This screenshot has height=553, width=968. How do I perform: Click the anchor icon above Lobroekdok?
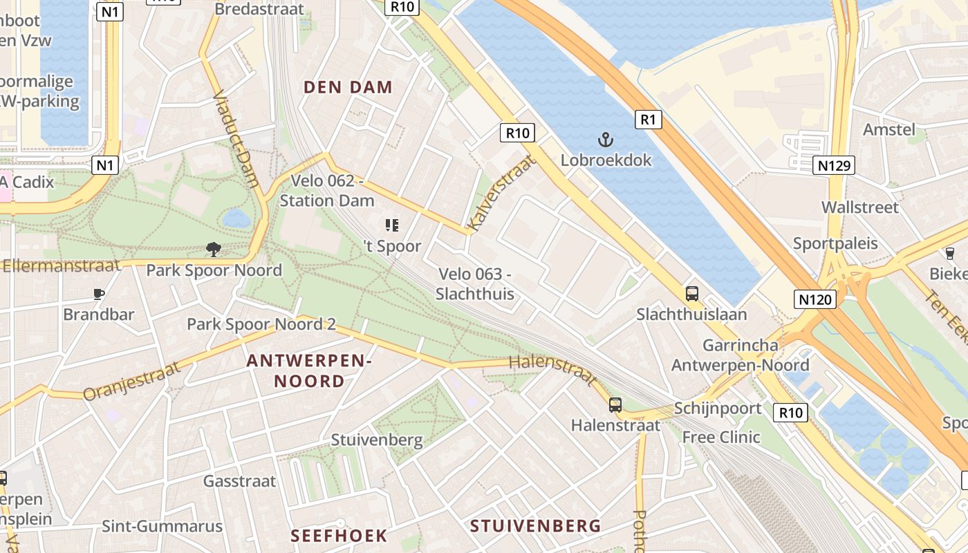[x=606, y=140]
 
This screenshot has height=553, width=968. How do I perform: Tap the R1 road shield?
[x=648, y=120]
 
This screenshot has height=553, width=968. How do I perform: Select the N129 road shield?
[x=834, y=165]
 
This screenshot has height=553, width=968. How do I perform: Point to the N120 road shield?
[x=815, y=299]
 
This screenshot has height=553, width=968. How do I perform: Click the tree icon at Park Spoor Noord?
[x=214, y=250]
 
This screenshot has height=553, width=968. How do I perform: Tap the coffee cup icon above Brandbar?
[x=99, y=294]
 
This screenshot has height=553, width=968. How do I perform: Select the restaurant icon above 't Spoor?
[x=392, y=225]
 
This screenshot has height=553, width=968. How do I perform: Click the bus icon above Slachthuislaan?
[x=692, y=294]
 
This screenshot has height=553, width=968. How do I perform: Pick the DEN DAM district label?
[x=348, y=87]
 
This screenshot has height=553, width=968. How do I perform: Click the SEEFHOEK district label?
[x=339, y=536]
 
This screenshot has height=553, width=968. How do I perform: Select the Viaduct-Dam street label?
[x=236, y=138]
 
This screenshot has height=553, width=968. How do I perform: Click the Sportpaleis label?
[x=835, y=243]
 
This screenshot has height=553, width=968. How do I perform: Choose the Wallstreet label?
[x=859, y=207]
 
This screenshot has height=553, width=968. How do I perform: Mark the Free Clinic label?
[x=721, y=437]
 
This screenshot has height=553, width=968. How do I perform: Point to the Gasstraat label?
[x=239, y=481]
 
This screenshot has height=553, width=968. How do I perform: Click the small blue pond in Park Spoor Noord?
[x=236, y=219]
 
